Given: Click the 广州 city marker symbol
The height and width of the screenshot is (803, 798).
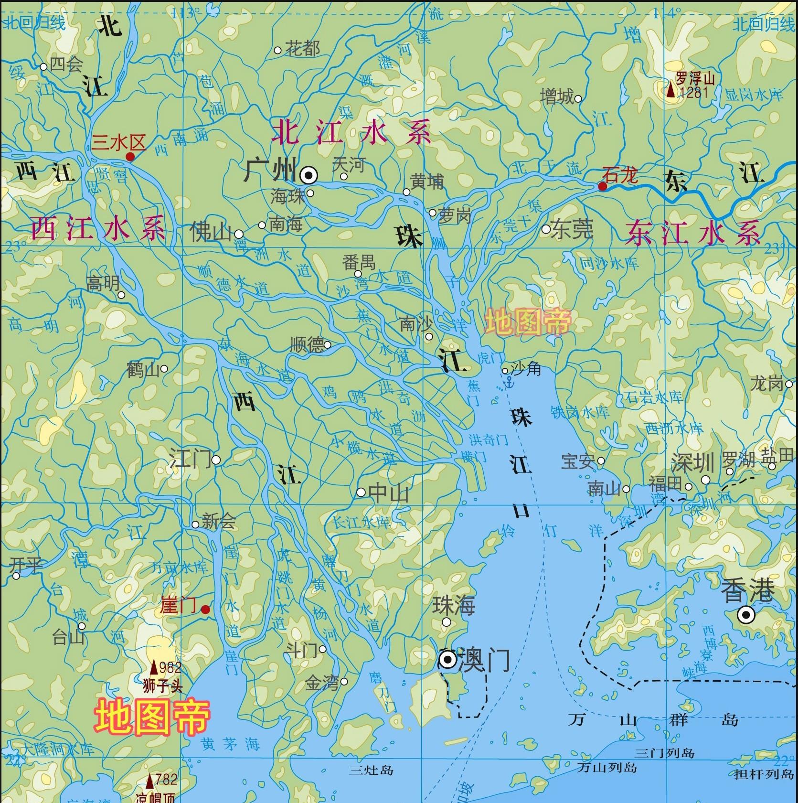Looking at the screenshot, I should coord(309,176).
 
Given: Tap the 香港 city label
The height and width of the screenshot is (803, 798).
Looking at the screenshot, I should coord(747,591).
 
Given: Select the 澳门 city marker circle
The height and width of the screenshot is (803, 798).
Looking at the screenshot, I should coord(448,660).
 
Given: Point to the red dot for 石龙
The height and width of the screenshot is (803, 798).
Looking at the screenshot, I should coord(603,186).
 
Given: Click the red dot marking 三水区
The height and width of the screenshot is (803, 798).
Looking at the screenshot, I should coord(130,157).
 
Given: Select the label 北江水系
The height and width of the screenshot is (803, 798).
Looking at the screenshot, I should coord(351,132).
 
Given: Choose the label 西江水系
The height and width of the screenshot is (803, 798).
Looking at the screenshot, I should coord(98,228).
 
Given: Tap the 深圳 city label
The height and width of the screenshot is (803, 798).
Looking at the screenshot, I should coord(692,463).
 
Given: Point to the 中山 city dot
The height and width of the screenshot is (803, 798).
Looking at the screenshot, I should coord(361,493).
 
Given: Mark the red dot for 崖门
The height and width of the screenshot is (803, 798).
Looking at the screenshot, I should coord(205,610).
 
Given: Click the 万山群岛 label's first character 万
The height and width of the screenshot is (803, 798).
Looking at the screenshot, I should coord(576,719).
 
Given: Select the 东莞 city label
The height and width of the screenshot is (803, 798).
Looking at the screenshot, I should coord(572,230).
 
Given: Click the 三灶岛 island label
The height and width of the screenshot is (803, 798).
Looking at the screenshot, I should coord(371,770).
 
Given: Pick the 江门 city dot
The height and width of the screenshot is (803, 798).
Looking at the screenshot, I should coord(216,460).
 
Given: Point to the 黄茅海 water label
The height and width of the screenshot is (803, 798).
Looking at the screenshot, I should coord(230,744).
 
